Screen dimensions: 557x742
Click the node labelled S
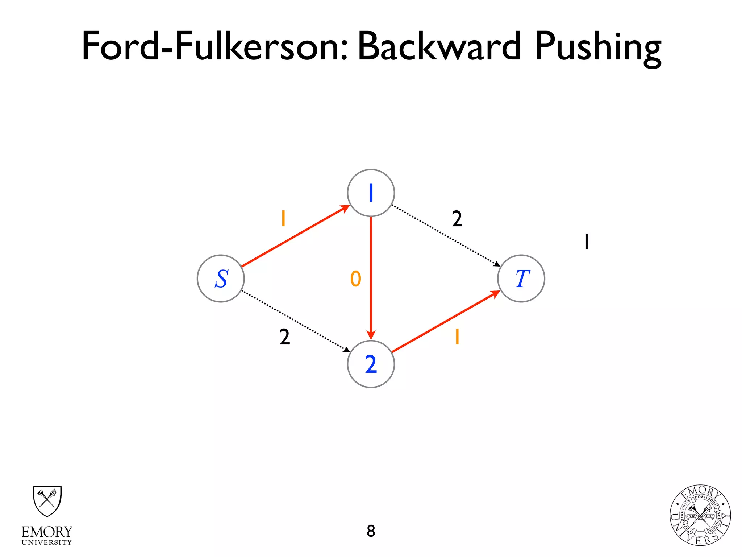[x=221, y=278]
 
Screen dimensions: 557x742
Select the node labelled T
[x=521, y=278]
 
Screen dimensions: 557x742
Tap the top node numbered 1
[x=371, y=193]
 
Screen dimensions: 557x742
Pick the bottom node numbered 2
[x=371, y=364]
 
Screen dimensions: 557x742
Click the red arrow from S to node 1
[x=295, y=236]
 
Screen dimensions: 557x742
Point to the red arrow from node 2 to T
[x=446, y=322]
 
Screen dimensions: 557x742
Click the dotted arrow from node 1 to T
[x=446, y=236]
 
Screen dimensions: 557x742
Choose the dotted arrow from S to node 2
[x=295, y=321]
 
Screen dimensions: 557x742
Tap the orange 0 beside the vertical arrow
[x=355, y=279]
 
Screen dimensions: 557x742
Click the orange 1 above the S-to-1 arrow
[x=283, y=219]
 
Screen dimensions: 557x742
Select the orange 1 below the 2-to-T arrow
[x=457, y=337]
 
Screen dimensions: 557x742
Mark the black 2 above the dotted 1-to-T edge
[x=457, y=219]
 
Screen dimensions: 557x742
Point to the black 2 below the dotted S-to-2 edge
[x=284, y=337]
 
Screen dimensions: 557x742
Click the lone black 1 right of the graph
[x=587, y=242]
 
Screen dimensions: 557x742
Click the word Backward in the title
[x=439, y=46]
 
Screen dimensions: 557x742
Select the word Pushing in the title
[x=598, y=47]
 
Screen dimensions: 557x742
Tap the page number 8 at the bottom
[x=371, y=531]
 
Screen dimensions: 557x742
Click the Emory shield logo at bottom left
[x=47, y=501]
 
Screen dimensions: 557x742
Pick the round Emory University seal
[x=700, y=515]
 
